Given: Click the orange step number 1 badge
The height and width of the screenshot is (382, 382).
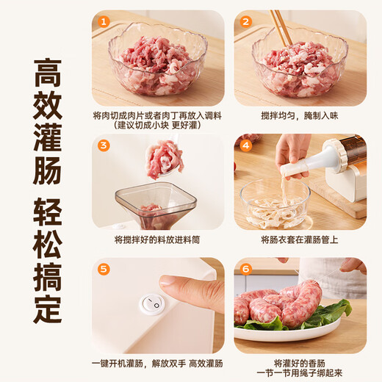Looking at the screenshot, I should pos(104,22).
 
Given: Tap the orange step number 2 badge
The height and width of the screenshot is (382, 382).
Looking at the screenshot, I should pos(246,22).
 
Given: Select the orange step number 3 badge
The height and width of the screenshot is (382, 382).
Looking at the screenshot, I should pos(104,145).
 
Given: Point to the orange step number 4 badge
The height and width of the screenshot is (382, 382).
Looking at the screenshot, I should pos(246,145).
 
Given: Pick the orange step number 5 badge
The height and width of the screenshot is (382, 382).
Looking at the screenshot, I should pos(104,269).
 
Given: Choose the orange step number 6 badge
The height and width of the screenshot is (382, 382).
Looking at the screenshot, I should pos(246,269).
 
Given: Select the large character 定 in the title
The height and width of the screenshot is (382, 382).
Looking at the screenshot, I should pos(47,307).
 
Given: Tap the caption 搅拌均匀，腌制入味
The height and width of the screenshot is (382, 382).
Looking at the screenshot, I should pos(300,116).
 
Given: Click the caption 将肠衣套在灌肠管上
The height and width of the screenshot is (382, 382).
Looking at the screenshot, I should pos(300,239).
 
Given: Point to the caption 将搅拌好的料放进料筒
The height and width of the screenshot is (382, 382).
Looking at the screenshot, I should pos(157,239).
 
